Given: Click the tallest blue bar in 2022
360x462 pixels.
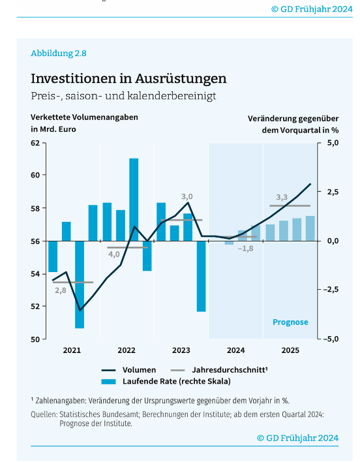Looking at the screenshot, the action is coord(134,200).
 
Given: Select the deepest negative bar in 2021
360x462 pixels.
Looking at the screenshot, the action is coord(80,285).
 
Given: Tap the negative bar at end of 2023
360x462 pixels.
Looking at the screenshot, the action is coord(202,276).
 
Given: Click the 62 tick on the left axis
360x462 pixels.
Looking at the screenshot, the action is coord(35,143).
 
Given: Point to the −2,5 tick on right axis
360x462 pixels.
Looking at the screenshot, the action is coord(331,289).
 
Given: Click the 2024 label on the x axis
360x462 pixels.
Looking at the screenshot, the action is coord(235,350).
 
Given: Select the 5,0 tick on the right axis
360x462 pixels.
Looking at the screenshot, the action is coord(333,143).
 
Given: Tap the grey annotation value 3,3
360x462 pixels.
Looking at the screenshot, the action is coord(282,197).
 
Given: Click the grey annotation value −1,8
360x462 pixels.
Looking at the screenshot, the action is coord(245,249).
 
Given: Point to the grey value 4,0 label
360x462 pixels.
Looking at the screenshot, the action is coord(114,254).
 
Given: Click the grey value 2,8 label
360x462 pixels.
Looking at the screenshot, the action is coord(61,290).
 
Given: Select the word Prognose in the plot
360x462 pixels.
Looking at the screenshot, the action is coord(290,322).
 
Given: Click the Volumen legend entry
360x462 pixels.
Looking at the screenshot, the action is coord(128,370).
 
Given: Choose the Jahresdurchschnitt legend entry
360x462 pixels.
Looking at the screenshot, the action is coord(219,370).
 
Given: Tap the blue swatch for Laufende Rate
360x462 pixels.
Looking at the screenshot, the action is coord(109,382).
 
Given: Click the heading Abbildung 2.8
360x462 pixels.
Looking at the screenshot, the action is coord(59,54).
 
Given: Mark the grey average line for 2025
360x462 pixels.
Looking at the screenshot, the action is coord(290,206).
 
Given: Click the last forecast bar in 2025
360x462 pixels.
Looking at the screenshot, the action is coord(310,228).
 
